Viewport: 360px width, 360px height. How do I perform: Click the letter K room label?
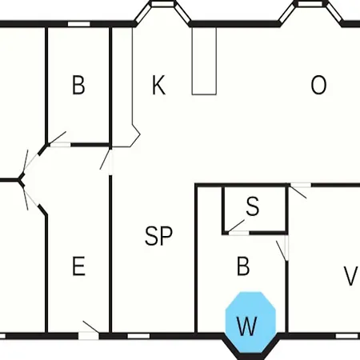point(158,85)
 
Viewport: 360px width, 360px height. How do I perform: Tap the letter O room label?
point(318,85)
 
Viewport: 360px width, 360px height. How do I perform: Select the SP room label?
point(158,236)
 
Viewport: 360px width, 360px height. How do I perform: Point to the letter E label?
point(79,266)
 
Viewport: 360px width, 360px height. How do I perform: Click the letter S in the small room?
point(252,206)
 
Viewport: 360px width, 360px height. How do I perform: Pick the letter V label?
point(350,276)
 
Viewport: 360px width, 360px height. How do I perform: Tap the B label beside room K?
point(78,85)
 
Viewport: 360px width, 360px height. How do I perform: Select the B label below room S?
point(243,266)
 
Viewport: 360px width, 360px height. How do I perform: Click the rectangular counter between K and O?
point(204,61)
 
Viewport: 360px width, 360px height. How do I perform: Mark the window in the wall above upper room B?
point(78,24)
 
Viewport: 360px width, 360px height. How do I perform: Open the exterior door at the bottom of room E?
point(89,333)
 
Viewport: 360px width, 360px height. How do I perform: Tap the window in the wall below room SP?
point(138,336)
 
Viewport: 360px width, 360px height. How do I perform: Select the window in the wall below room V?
point(346,336)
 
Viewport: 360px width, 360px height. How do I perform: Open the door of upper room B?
point(59,141)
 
